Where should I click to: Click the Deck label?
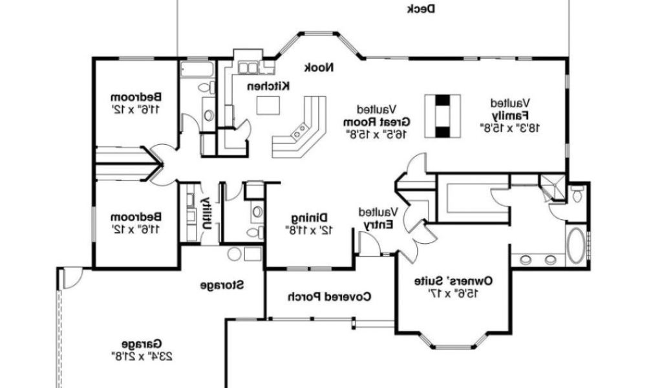(x=421, y=8)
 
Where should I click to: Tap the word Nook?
(x=319, y=67)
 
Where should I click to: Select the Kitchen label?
(x=268, y=86)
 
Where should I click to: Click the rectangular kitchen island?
(x=268, y=105)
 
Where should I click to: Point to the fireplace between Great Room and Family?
(x=442, y=116)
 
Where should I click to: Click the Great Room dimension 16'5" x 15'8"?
(x=377, y=135)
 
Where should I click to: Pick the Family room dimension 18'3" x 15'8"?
(x=509, y=127)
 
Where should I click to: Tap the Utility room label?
(x=206, y=213)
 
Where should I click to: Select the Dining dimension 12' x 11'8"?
(x=310, y=230)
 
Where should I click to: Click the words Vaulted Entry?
(x=378, y=218)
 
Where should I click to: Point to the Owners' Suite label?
(x=453, y=281)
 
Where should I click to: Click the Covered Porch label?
(x=329, y=297)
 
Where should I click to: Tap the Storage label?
(x=222, y=285)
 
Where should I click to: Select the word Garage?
(x=142, y=343)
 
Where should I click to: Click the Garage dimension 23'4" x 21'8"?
(x=142, y=356)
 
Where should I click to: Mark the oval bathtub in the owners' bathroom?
(x=575, y=246)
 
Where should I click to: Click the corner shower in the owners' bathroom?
(x=553, y=188)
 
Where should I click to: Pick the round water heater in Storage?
(x=234, y=253)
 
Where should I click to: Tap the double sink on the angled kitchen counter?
(x=300, y=131)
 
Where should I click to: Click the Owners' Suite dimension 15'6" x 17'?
(x=453, y=294)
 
